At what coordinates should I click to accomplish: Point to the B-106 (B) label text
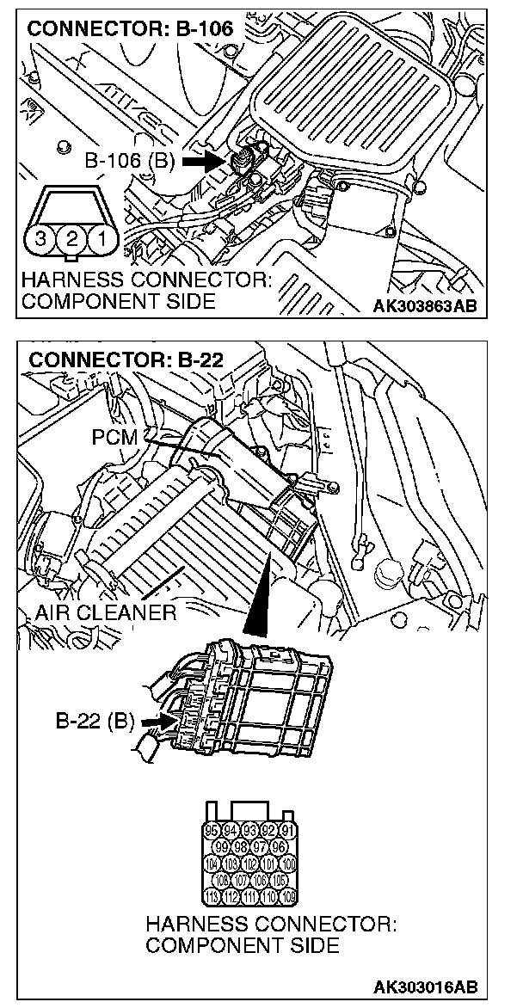coord(131,161)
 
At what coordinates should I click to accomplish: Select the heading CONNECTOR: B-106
coord(130,29)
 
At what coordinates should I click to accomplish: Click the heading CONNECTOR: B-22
coord(126,360)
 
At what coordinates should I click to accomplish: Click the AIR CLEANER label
coord(106,612)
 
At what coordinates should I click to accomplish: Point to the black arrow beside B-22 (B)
coord(154,719)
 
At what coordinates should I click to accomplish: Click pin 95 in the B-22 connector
coord(213,831)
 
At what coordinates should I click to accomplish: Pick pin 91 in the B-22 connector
coord(288,831)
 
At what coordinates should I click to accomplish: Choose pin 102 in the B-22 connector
coord(251,864)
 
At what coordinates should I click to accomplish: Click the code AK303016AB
coord(425,986)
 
